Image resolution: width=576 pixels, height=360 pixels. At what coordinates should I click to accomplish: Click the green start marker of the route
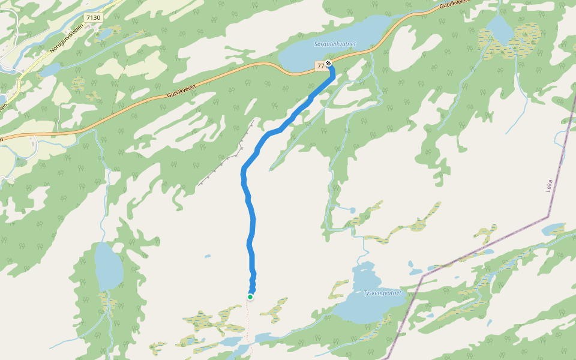point(250,296)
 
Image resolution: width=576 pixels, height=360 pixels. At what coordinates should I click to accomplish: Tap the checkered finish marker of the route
point(328,63)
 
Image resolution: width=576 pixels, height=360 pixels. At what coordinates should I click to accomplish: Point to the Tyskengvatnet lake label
point(382,293)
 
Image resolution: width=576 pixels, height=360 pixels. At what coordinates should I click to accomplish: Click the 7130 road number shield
point(94,18)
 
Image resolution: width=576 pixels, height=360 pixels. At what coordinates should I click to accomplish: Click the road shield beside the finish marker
point(320,64)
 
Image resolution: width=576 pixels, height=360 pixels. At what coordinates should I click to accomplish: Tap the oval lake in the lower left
point(108,266)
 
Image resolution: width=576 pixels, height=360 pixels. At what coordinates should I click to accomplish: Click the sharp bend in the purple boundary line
point(548,216)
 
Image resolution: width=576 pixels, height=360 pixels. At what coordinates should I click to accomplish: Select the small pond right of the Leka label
point(553,229)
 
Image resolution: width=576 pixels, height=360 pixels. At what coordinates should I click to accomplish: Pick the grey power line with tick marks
point(225,159)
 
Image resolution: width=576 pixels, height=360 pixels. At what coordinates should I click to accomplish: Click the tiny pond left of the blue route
point(208,256)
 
